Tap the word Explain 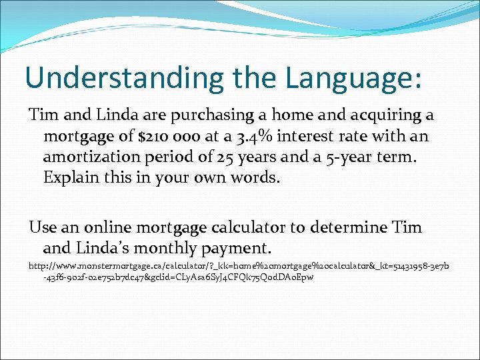68,178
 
